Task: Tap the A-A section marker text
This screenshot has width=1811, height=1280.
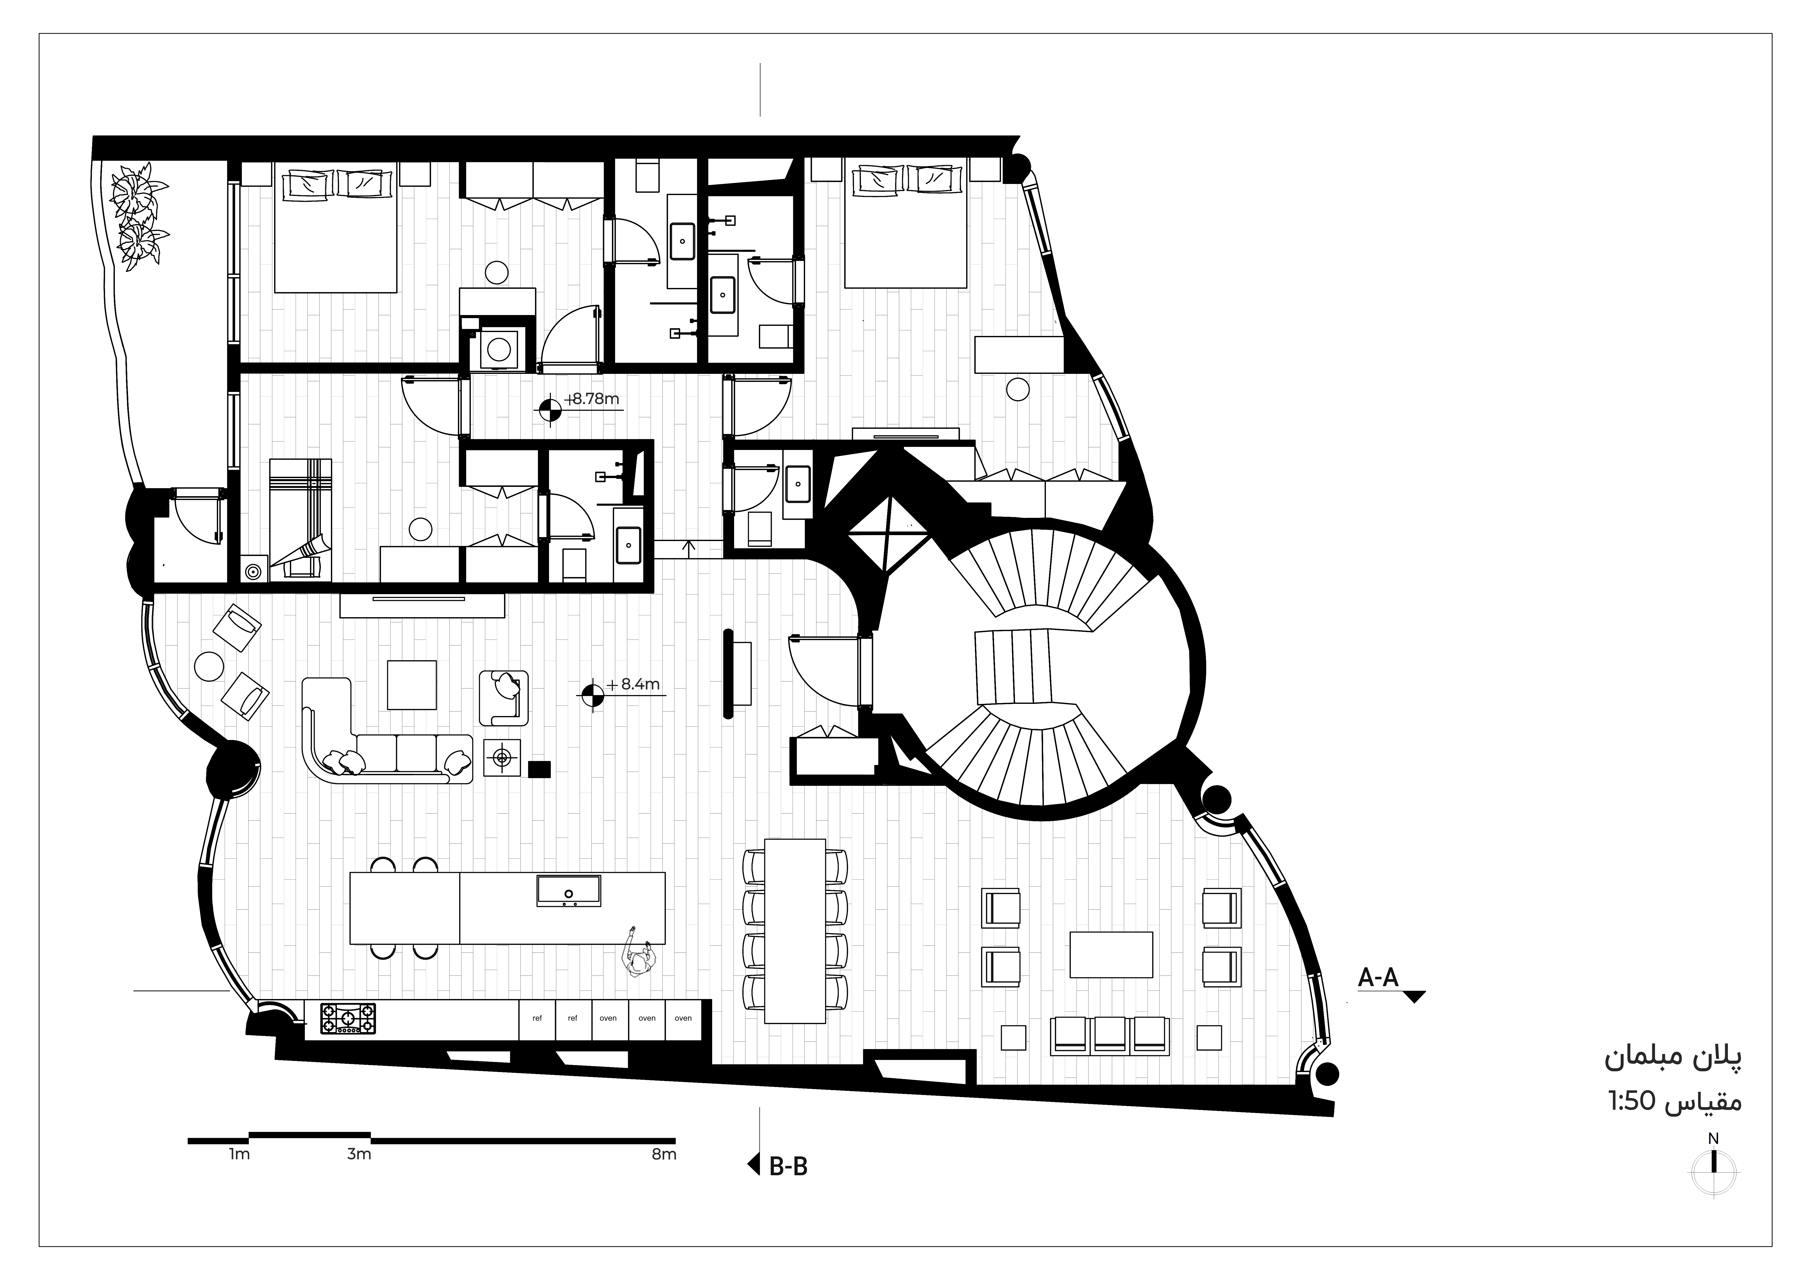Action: point(1378,978)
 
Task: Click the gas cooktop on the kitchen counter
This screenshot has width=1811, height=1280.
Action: point(348,1018)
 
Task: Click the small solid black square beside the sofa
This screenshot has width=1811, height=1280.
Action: point(539,769)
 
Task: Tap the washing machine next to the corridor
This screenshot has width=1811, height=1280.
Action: point(498,348)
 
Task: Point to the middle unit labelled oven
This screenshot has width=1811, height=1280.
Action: point(647,1019)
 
